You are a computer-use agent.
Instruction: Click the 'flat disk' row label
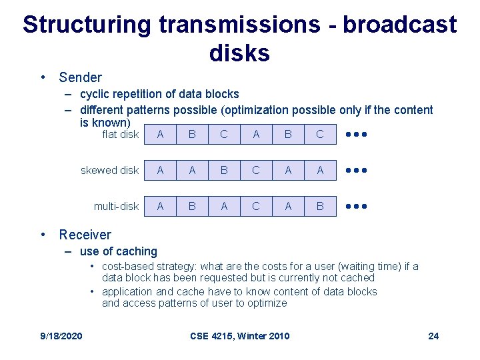(x=120, y=135)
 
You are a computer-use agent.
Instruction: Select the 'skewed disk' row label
(x=109, y=171)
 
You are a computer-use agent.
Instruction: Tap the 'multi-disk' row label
(x=116, y=207)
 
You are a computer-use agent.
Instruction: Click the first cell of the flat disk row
(x=160, y=135)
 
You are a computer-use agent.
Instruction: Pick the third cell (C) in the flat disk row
(x=224, y=135)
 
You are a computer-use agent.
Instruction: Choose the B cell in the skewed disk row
(x=224, y=171)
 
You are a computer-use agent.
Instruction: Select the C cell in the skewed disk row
(x=256, y=171)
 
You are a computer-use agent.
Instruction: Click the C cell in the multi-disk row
(x=256, y=207)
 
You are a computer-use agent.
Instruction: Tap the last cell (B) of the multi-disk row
(x=320, y=207)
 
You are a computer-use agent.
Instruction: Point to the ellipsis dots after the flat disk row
(x=357, y=135)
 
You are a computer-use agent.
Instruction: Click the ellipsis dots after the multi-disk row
(x=357, y=207)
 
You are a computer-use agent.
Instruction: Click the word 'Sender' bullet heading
(x=80, y=77)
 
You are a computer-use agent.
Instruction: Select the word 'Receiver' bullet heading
(x=85, y=235)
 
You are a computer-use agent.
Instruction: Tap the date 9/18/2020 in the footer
(x=61, y=335)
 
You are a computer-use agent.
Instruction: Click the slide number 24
(x=433, y=335)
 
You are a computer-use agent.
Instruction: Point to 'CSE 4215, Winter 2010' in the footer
(x=240, y=335)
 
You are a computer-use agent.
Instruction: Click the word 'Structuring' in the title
(x=87, y=25)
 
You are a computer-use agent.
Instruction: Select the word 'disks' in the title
(x=239, y=53)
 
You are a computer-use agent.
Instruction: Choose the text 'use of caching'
(x=118, y=251)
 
